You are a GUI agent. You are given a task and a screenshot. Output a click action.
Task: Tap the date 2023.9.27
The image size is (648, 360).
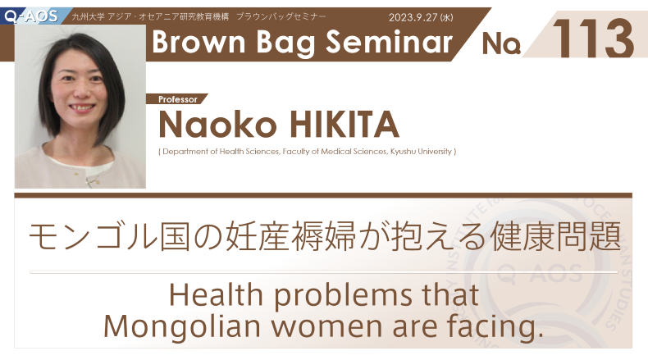click(x=413, y=17)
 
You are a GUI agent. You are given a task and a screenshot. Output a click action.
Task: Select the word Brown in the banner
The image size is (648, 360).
click(x=199, y=42)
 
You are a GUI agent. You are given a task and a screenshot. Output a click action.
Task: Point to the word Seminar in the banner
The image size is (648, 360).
click(x=389, y=42)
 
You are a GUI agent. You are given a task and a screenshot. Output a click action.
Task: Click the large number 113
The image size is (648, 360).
click(x=592, y=39)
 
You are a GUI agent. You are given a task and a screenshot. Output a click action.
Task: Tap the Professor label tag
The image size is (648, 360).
click(x=178, y=99)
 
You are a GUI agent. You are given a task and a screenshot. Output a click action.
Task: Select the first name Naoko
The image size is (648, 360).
click(x=217, y=124)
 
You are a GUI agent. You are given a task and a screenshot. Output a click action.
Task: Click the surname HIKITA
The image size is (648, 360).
click(x=344, y=124)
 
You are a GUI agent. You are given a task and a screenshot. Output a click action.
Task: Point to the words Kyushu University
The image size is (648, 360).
click(x=421, y=152)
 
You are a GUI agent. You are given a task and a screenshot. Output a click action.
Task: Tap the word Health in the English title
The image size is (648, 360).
click(x=216, y=294)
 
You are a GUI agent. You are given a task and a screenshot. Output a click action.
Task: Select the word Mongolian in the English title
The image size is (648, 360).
click(x=182, y=326)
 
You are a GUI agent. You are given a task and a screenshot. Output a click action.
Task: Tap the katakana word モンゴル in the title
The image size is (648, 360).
click(x=94, y=236)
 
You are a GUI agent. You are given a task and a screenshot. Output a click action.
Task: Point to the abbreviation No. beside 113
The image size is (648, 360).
click(x=501, y=43)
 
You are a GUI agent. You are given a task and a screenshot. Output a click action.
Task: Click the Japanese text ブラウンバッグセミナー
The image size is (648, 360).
click(x=281, y=17)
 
